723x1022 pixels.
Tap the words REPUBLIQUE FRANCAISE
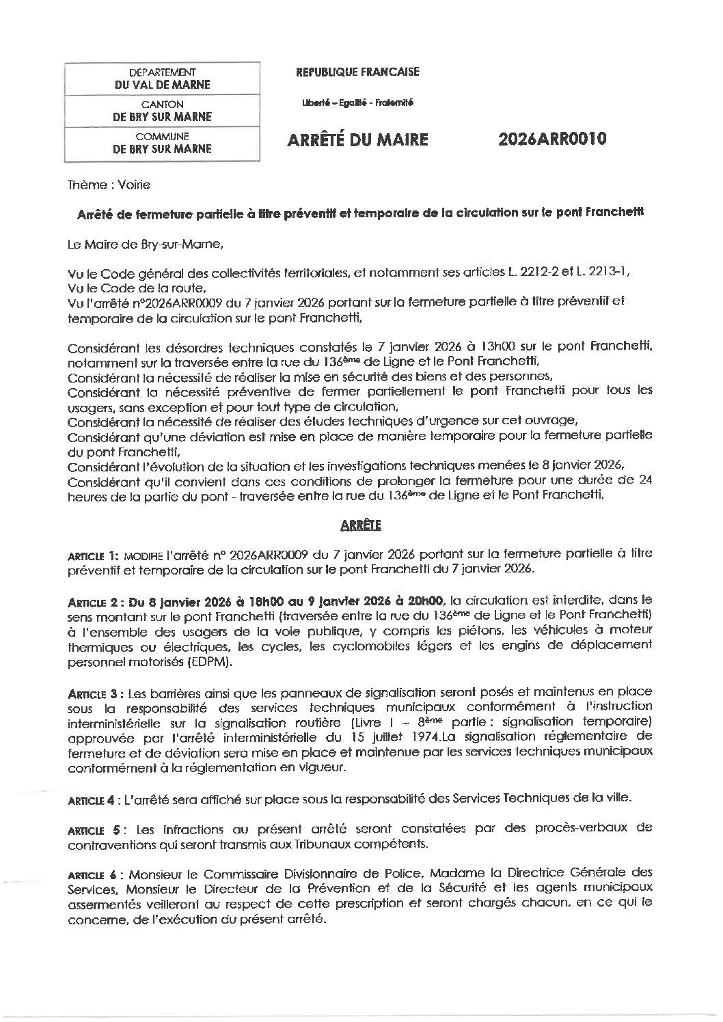tap(357, 72)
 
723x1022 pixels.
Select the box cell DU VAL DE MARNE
tap(162, 85)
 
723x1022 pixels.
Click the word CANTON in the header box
tap(162, 104)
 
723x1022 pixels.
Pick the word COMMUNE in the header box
tap(162, 136)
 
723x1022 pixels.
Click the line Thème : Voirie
tap(109, 185)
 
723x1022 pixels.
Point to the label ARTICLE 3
tap(94, 693)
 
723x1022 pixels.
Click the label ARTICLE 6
tap(94, 874)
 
